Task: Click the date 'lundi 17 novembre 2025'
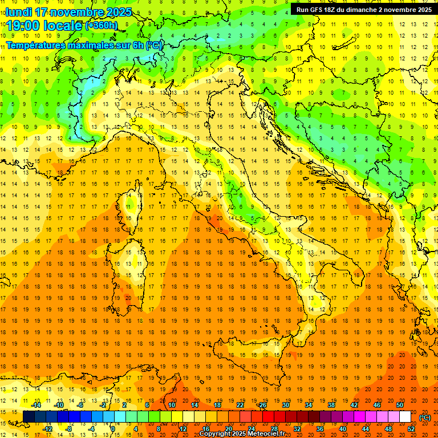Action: (68, 12)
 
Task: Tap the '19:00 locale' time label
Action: (44, 25)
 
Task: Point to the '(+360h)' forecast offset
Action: (102, 26)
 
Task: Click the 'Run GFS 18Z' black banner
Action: (364, 9)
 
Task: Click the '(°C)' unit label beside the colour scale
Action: (424, 417)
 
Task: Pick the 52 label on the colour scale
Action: (411, 429)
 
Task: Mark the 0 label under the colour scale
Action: (113, 429)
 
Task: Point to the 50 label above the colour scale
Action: (399, 405)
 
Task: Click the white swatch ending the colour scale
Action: (405, 417)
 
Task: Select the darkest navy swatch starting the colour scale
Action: (29, 417)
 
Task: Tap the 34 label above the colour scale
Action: (308, 405)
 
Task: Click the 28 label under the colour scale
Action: (274, 429)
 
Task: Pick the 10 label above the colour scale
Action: (171, 405)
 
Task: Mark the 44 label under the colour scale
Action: (365, 429)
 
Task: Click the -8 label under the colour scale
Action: (70, 429)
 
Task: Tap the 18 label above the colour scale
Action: (217, 405)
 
